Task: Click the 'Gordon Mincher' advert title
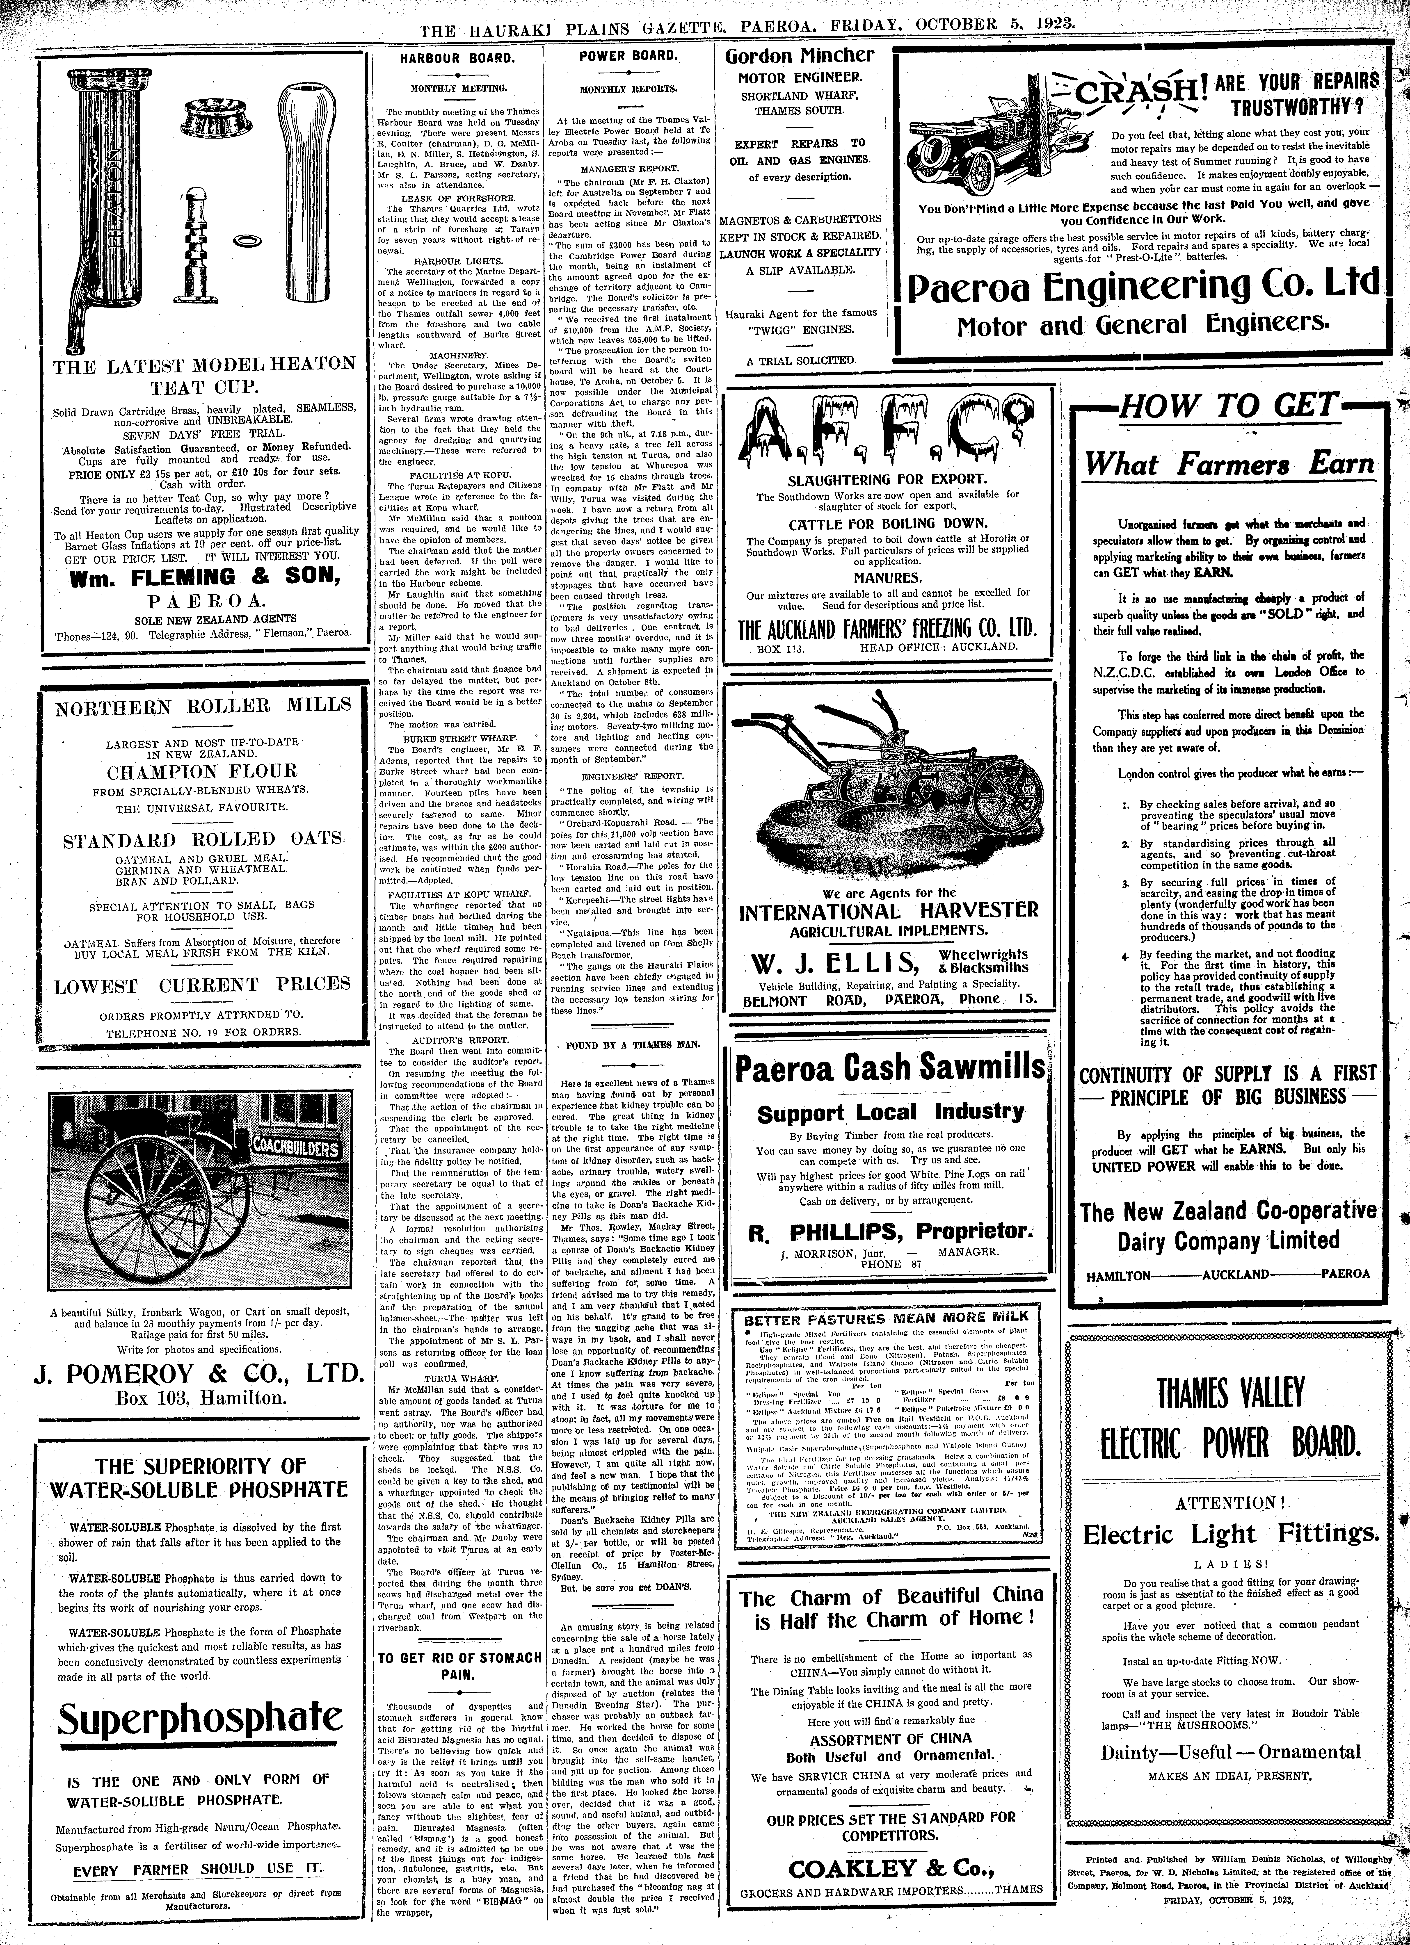(x=800, y=57)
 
